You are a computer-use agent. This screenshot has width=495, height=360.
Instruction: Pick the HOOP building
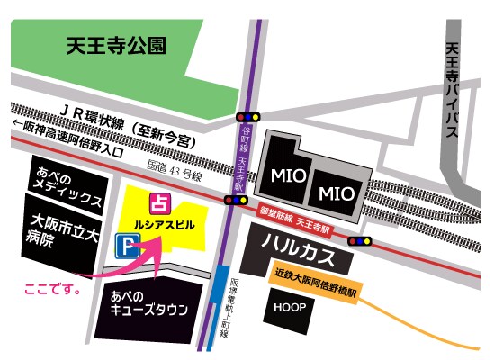point(285,308)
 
